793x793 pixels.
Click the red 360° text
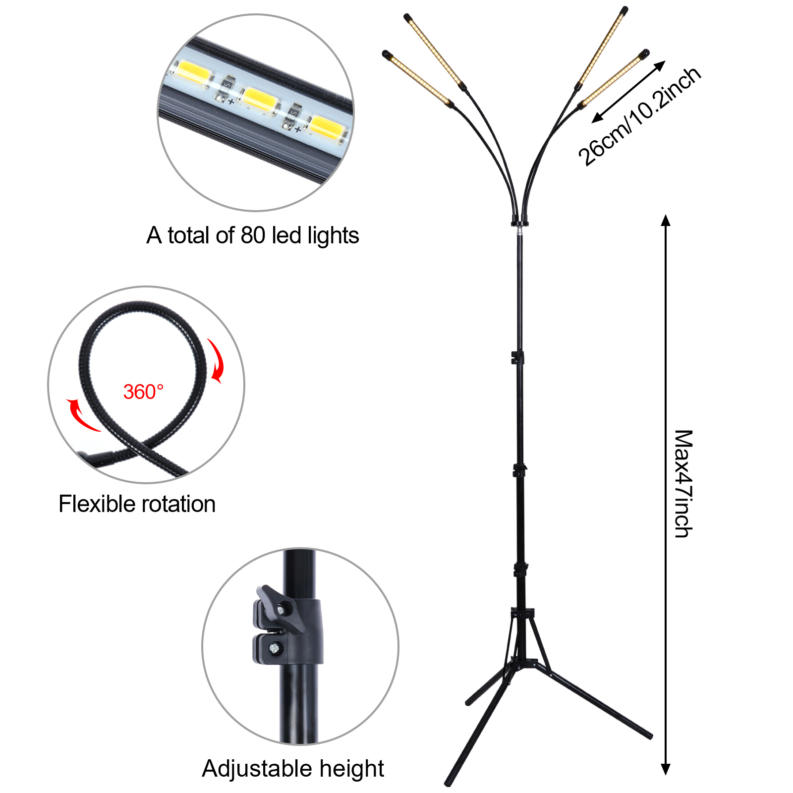point(143,392)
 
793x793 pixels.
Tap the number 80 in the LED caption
point(253,235)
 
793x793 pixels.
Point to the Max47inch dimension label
point(683,483)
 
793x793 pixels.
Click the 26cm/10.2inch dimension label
point(639,116)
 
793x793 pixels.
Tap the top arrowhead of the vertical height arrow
point(666,220)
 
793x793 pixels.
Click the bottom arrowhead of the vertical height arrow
point(666,770)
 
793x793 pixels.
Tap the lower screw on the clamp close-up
point(274,648)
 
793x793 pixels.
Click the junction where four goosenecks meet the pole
point(519,222)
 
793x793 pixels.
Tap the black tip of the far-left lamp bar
point(387,54)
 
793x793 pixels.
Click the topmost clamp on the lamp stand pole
point(517,357)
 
